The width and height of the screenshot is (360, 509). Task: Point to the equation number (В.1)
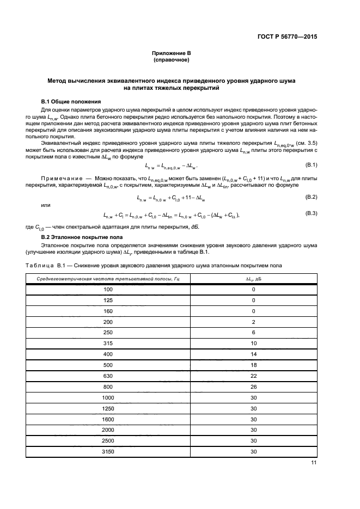309,164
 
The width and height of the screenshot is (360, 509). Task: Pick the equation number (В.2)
309,196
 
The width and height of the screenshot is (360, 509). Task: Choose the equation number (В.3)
309,213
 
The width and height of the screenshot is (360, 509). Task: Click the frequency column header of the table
108,279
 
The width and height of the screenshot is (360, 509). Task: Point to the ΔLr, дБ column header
253,279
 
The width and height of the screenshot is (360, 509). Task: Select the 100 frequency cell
108,289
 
